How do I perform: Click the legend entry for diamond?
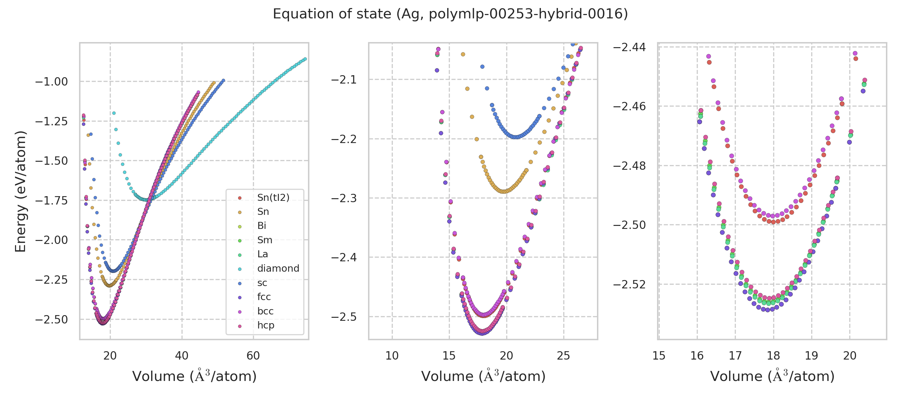(278, 268)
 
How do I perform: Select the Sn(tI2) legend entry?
(273, 197)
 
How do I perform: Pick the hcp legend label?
(266, 325)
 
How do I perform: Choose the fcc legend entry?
(264, 297)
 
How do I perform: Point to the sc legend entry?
(262, 283)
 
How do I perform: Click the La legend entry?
(262, 254)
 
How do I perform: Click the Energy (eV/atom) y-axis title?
(20, 191)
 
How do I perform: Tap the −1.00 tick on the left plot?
(51, 82)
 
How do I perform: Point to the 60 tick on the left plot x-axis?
(253, 356)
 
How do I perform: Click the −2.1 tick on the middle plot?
(344, 80)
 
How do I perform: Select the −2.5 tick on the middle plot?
(344, 317)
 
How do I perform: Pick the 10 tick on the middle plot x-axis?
(392, 356)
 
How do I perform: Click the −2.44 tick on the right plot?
(629, 47)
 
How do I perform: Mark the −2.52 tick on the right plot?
(629, 284)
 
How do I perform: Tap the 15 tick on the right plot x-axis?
(659, 356)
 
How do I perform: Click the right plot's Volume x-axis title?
(772, 377)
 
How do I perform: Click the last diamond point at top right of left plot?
(305, 59)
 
